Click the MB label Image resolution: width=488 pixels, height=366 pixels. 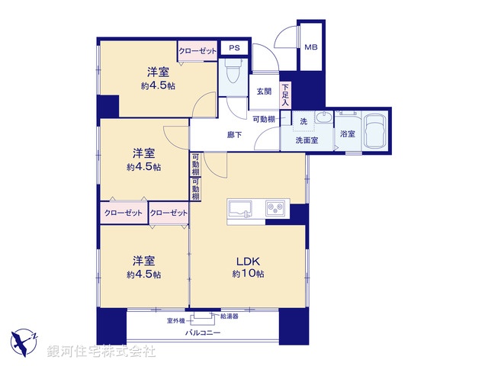[310, 48]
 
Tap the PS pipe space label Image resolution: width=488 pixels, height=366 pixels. [234, 48]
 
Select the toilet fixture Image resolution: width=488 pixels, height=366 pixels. [233, 75]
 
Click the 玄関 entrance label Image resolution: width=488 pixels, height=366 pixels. [264, 91]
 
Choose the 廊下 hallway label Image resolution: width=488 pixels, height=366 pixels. [235, 134]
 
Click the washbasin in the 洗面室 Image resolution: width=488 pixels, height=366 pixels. [323, 120]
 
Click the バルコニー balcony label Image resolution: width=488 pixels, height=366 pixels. [202, 333]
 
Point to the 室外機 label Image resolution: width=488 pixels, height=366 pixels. [177, 321]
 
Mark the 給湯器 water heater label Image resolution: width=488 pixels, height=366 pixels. [230, 316]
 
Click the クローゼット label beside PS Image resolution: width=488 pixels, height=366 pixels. [197, 51]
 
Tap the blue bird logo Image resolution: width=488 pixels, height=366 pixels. [23, 339]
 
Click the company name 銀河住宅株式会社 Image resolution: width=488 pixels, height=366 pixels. [101, 352]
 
